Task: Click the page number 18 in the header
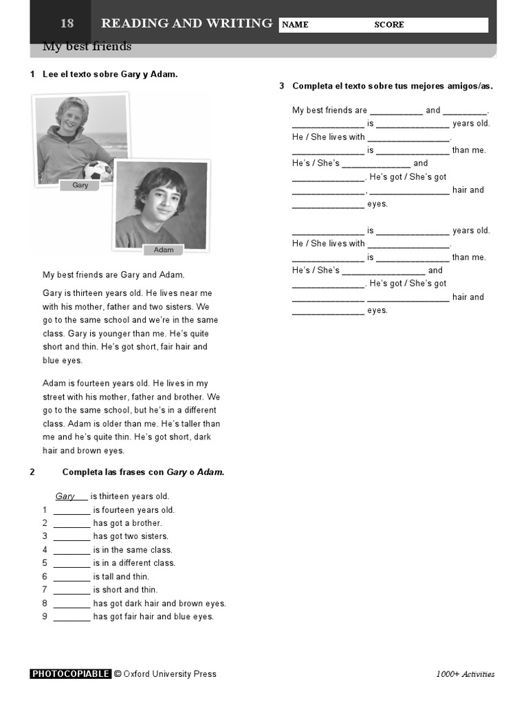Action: coord(67,23)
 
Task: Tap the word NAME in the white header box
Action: coord(295,25)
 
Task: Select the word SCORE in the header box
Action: coord(389,25)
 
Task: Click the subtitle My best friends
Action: coord(87,47)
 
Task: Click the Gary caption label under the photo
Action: coord(80,185)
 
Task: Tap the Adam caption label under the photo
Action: coord(164,250)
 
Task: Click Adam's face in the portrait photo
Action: coord(161,200)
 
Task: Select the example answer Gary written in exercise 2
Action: coord(65,496)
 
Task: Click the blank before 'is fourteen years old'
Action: coord(71,510)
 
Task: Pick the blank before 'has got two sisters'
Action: coord(71,536)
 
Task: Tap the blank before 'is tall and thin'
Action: coord(71,577)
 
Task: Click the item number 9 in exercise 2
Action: coord(45,616)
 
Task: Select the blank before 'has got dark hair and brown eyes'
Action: coord(71,603)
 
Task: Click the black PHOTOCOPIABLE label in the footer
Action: coord(71,674)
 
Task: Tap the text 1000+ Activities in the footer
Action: coord(465,674)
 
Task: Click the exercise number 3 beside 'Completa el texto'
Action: coord(282,86)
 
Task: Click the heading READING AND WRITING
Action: coord(186,23)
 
